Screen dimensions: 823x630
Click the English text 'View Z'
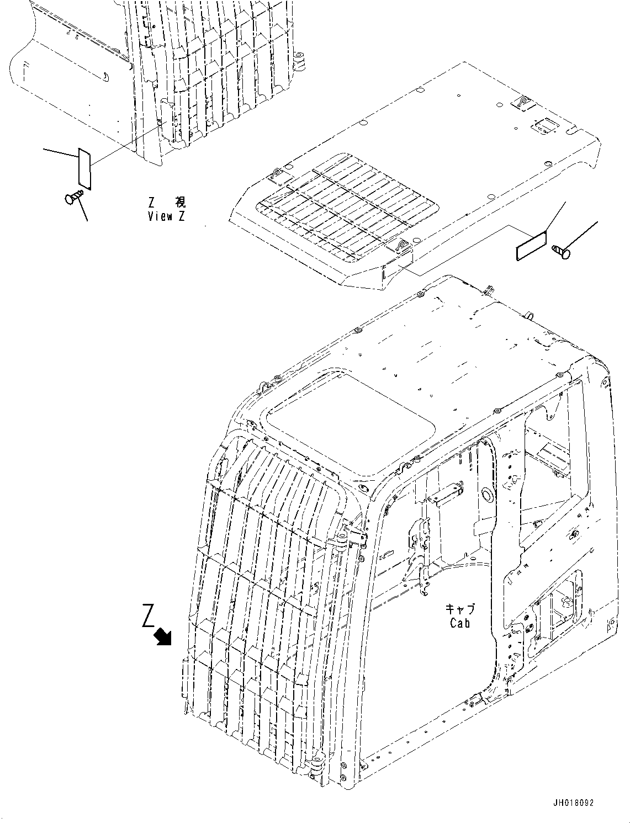[166, 216]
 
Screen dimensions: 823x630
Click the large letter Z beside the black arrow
[147, 616]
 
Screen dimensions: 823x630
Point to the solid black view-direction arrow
[163, 636]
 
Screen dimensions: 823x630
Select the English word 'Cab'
[459, 623]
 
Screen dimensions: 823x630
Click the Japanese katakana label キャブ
[459, 609]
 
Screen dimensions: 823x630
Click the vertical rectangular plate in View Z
[85, 168]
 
